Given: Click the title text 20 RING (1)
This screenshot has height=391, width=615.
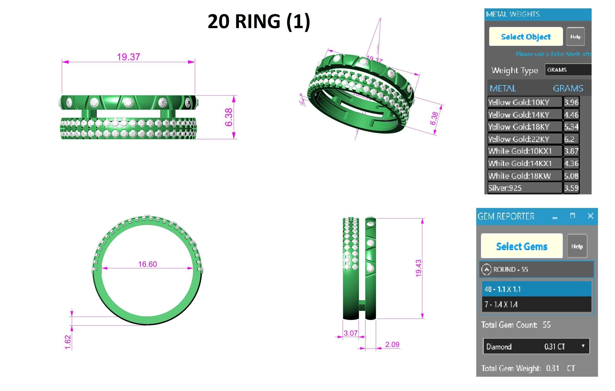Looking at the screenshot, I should (x=258, y=21).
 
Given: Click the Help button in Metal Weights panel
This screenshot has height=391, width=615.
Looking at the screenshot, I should (x=575, y=37).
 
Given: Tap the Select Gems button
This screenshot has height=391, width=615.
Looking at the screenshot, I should (x=521, y=246).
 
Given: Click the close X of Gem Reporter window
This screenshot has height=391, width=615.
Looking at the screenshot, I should (x=590, y=216).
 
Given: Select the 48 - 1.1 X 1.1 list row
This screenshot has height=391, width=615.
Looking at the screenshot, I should (x=536, y=289).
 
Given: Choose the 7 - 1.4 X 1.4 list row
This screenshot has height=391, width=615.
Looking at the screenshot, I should (x=536, y=304).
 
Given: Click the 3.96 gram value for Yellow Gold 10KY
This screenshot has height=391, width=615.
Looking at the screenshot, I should (x=571, y=102).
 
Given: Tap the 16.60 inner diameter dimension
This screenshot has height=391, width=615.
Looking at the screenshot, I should (x=147, y=264).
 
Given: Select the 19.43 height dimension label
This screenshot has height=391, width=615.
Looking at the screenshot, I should (x=418, y=268).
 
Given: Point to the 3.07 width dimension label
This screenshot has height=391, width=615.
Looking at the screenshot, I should (x=350, y=333).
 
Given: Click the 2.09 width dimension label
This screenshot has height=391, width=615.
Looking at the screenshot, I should (x=392, y=345).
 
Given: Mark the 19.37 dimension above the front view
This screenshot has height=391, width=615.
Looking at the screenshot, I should (x=129, y=57).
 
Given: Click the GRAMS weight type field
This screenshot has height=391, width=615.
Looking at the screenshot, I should (x=568, y=70).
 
